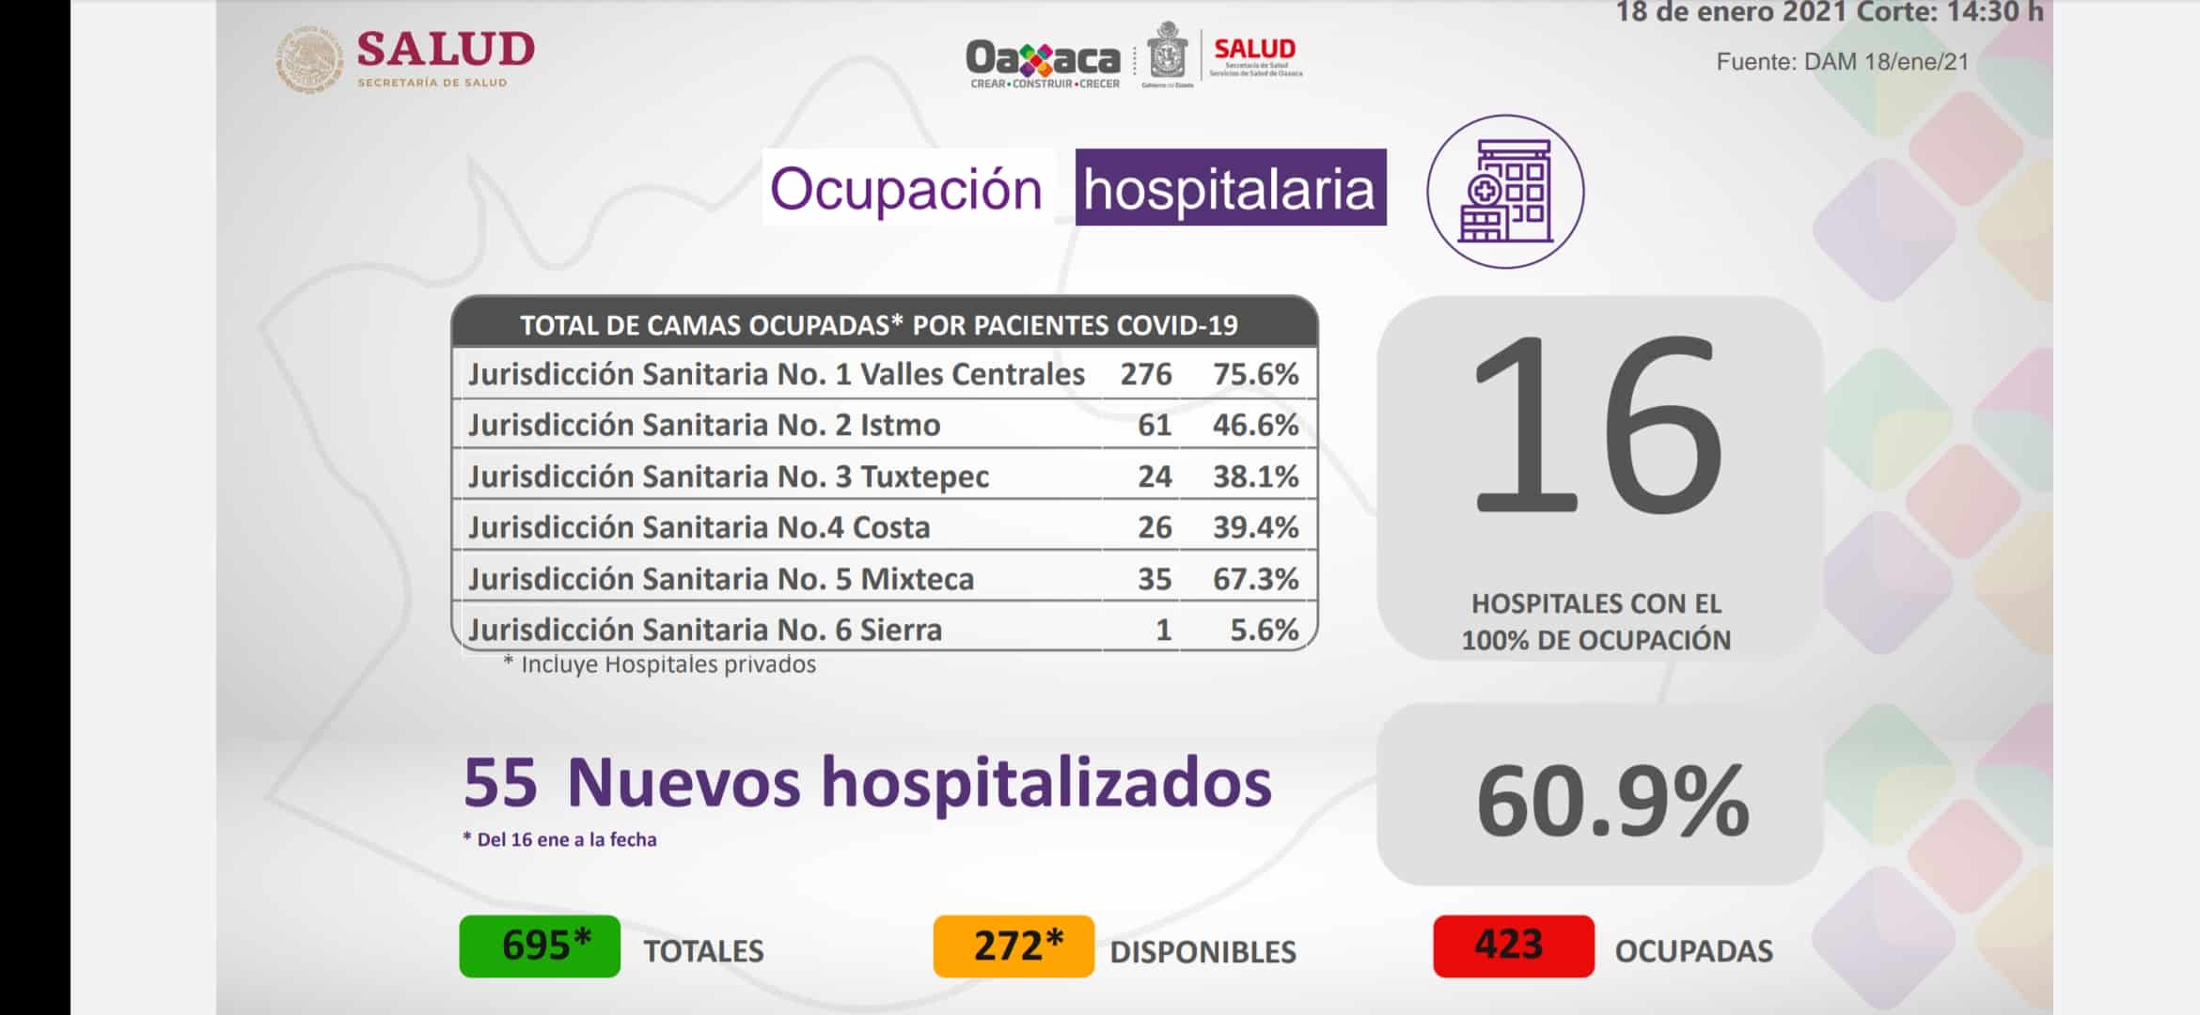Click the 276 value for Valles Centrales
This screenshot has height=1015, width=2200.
click(x=1145, y=374)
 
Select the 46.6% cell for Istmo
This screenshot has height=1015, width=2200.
click(x=1255, y=425)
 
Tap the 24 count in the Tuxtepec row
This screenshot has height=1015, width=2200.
click(x=1155, y=476)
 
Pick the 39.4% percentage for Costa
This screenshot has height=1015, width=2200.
click(x=1255, y=527)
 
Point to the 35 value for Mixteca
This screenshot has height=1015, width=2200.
click(x=1155, y=579)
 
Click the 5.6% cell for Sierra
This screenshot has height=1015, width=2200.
click(x=1264, y=630)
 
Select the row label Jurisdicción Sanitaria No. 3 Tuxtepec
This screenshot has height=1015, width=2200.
click(x=729, y=476)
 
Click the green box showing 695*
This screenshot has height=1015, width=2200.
click(x=540, y=946)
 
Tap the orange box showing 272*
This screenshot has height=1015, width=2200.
click(x=1014, y=946)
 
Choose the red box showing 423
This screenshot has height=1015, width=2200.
click(x=1513, y=946)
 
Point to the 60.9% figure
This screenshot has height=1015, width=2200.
click(x=1611, y=801)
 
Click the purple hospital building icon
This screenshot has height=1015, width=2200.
click(x=1505, y=192)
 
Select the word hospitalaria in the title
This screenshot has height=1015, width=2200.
click(x=1230, y=189)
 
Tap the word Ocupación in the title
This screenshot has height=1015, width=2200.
click(x=906, y=189)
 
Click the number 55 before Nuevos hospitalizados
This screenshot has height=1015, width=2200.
click(x=500, y=782)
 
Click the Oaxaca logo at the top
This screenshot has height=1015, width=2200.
click(x=1043, y=60)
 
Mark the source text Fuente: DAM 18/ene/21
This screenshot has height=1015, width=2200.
click(x=1842, y=62)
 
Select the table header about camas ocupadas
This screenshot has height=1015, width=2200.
click(x=879, y=325)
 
